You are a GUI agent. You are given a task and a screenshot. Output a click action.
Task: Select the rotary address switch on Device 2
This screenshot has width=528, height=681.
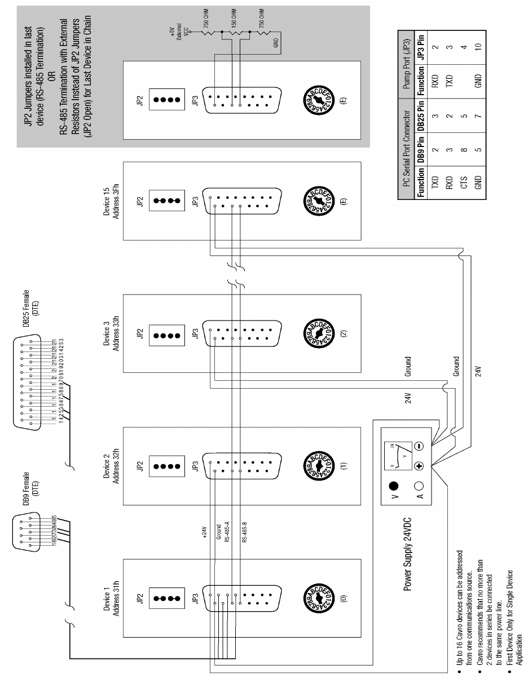pyautogui.click(x=319, y=466)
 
